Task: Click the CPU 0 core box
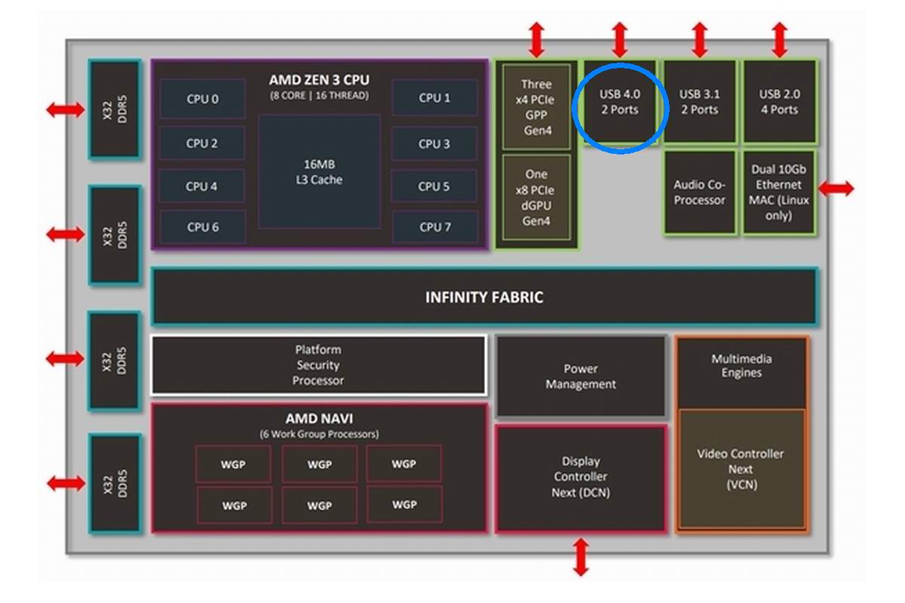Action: click(x=202, y=99)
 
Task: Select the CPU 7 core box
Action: click(x=434, y=227)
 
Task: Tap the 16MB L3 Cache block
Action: click(x=319, y=172)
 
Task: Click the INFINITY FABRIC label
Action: click(x=484, y=297)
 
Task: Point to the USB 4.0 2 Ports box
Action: click(x=619, y=102)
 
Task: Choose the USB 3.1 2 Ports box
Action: click(x=699, y=102)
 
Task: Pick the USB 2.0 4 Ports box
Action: click(x=779, y=102)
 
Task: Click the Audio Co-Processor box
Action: click(x=699, y=192)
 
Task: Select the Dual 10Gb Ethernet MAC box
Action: click(x=779, y=192)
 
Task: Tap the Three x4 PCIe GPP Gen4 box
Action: click(x=536, y=106)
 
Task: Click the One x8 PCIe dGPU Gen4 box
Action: click(x=536, y=197)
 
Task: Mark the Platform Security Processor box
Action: click(x=318, y=365)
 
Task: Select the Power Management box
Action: click(x=581, y=376)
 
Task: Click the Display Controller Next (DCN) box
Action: click(x=581, y=477)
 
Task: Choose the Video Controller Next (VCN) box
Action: click(x=741, y=469)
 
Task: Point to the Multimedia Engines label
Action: click(x=741, y=366)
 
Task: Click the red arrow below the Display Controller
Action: click(x=581, y=557)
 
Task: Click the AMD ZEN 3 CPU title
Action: click(x=319, y=80)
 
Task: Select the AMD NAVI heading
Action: click(x=319, y=419)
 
